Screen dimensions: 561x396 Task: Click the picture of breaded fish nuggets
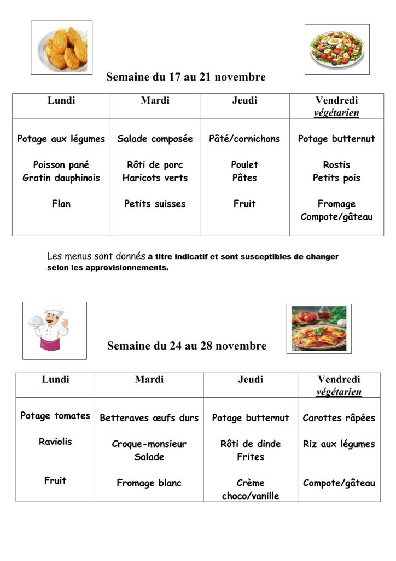pos(62,47)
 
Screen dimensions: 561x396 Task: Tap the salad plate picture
pos(336,49)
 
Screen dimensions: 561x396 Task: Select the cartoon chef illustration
pos(54,330)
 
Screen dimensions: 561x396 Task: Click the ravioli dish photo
pos(319,328)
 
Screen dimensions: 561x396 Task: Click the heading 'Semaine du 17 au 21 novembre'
pos(186,77)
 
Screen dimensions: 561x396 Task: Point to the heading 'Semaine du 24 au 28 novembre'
pos(187,346)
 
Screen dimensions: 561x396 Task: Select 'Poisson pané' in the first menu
pos(61,164)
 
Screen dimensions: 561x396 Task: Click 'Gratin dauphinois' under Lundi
pos(61,178)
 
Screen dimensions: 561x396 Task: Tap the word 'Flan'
pos(61,204)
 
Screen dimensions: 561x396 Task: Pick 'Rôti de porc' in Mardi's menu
pos(155,164)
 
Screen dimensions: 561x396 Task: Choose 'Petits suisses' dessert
pos(155,204)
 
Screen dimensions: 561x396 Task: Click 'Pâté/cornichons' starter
pos(244,139)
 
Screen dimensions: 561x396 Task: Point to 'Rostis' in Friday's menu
pos(336,164)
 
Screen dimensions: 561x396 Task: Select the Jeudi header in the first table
pos(244,100)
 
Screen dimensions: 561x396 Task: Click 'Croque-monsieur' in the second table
pos(149,444)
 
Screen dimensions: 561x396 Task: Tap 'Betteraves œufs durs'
pos(149,418)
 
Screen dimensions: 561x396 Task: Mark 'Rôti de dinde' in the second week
pos(251,444)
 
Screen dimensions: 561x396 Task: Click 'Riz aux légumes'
pos(339,444)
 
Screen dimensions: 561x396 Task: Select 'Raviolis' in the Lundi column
pos(55,442)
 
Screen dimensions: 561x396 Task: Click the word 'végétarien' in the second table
pos(339,392)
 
